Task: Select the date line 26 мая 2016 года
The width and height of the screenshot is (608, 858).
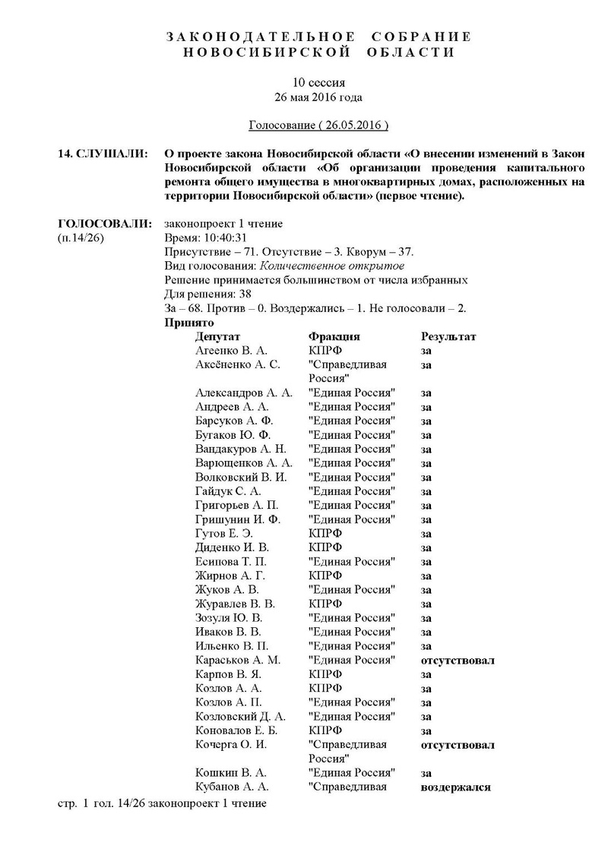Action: tap(318, 97)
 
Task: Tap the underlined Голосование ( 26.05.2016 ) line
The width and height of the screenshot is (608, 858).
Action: tap(318, 124)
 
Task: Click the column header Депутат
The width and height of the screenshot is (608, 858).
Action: tap(217, 336)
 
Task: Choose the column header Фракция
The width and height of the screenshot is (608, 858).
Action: tap(334, 336)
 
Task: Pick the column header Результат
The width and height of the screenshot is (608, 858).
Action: tap(448, 336)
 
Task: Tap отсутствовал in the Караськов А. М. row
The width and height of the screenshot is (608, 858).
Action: tap(458, 660)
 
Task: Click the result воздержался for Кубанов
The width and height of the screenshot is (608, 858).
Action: tap(455, 787)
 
